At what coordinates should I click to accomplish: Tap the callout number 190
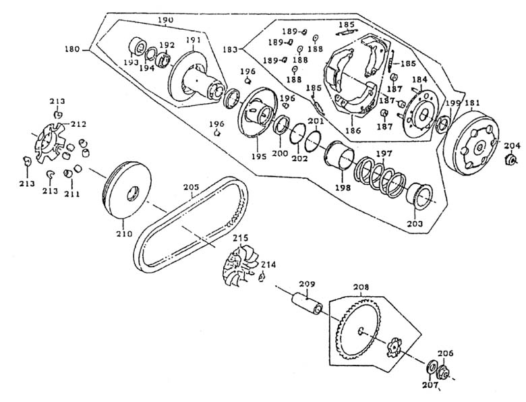(166, 20)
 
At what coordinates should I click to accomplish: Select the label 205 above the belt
(192, 188)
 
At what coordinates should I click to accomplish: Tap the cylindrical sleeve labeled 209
(306, 302)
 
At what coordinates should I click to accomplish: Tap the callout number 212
(79, 124)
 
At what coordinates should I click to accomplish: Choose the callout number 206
(446, 353)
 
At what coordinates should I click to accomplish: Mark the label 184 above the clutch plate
(420, 80)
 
